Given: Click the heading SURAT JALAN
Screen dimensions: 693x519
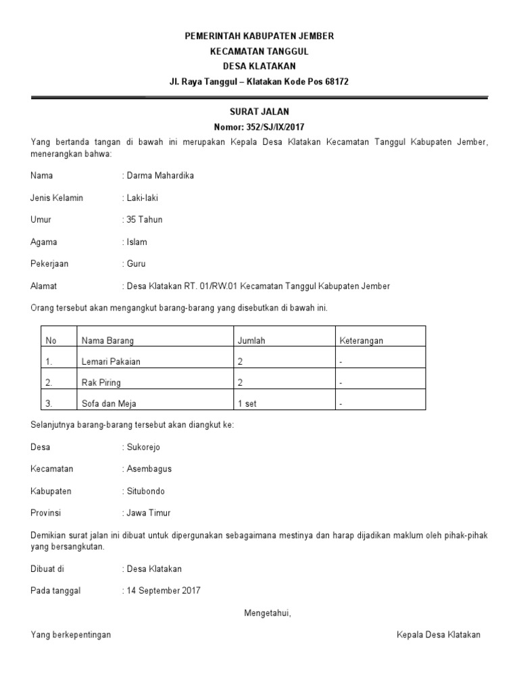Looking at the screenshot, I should pos(259,111).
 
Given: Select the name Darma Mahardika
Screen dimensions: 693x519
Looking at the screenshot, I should pos(160,176).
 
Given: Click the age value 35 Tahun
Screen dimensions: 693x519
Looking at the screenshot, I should pos(144,220).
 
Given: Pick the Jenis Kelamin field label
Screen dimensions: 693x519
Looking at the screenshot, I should pos(57,198).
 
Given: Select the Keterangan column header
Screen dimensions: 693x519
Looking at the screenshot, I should pos(361,340).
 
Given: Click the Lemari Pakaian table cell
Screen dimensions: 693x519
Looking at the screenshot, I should pos(111,361).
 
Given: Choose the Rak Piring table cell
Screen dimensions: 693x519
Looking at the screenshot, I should pos(101,382).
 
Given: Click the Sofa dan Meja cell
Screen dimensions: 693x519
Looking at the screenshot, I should pos(109,404).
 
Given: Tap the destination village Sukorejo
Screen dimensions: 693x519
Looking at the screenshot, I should pos(143,447).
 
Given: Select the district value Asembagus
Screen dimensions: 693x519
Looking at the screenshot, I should pos(147,469).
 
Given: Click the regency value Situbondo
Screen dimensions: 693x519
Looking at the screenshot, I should pos(145,491).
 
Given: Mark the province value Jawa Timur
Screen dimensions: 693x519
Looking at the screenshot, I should pos(147,513).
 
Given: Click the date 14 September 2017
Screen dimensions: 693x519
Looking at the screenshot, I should pos(163,591).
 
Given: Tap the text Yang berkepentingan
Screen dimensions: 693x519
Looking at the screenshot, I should pos(71,635).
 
